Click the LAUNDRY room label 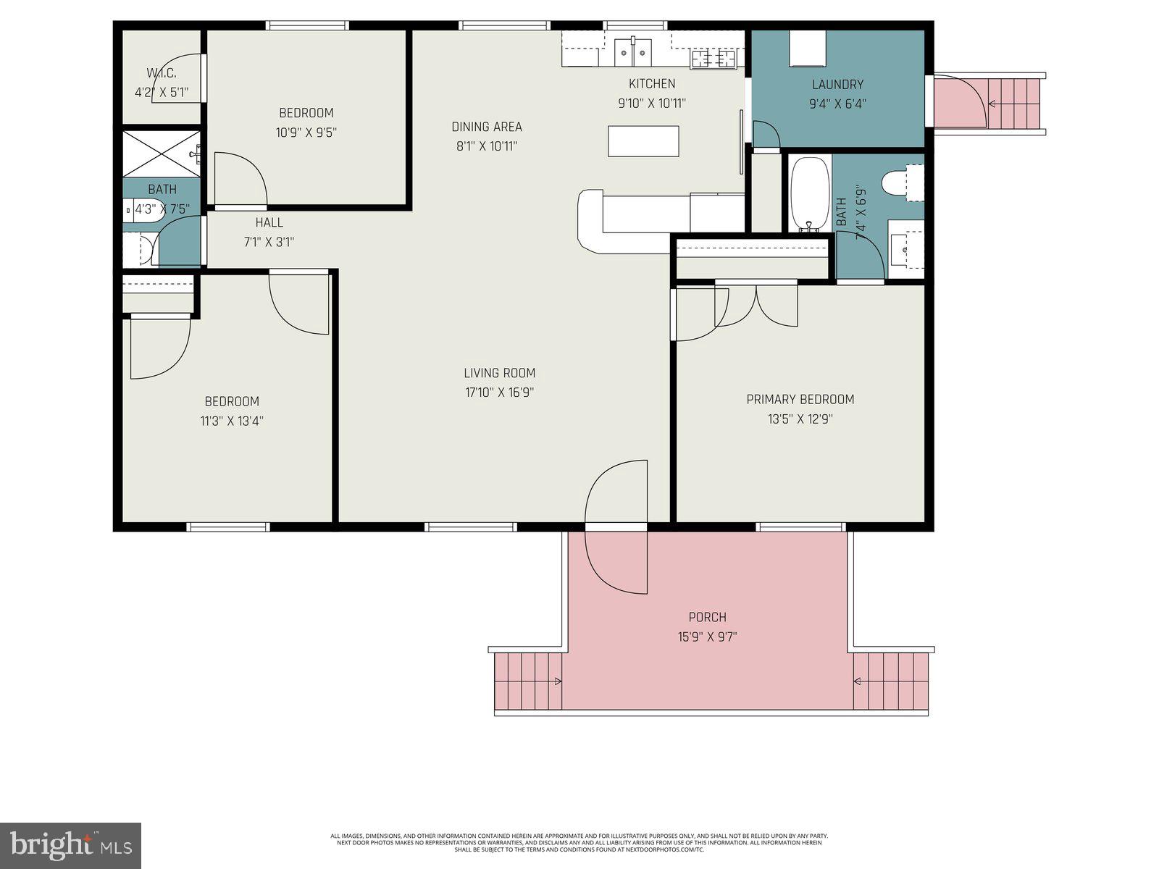[x=837, y=84]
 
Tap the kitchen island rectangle [x=643, y=141]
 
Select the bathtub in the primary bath [x=806, y=193]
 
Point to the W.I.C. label [x=161, y=73]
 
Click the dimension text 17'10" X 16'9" [x=500, y=392]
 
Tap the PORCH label [x=707, y=617]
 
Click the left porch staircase [x=527, y=681]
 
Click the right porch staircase [x=891, y=681]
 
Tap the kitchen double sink [x=633, y=51]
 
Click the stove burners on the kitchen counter [x=714, y=58]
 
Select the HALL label [x=269, y=222]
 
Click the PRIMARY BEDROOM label [x=800, y=399]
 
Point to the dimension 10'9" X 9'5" [x=306, y=133]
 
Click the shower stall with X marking [x=161, y=153]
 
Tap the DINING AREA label [x=487, y=127]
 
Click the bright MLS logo [x=71, y=845]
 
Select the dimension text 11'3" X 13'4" [x=232, y=421]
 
